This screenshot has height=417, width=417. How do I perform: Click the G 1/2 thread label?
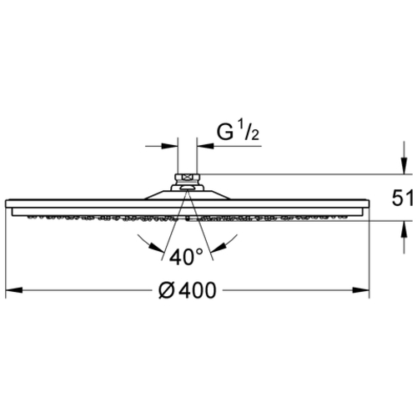pyautogui.click(x=238, y=132)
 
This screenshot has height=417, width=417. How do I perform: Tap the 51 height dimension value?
pyautogui.click(x=402, y=198)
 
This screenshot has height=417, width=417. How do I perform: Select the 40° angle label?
pyautogui.click(x=186, y=257)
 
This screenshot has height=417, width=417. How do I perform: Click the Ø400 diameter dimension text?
pyautogui.click(x=187, y=290)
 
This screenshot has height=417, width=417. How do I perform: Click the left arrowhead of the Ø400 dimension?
pyautogui.click(x=14, y=290)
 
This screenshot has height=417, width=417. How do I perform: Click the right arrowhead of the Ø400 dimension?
pyautogui.click(x=361, y=290)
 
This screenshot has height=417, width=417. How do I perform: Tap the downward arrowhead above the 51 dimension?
pyautogui.click(x=404, y=166)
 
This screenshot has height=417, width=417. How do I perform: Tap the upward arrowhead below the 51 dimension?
pyautogui.click(x=404, y=229)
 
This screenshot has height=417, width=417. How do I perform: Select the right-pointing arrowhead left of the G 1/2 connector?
pyautogui.click(x=169, y=146)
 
